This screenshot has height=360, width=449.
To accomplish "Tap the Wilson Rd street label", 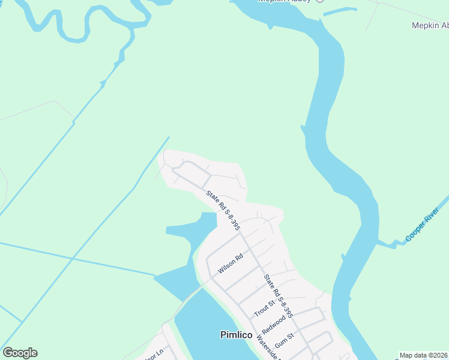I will pyautogui.click(x=230, y=264).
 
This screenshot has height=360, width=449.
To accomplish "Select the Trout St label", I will pyautogui.click(x=264, y=309).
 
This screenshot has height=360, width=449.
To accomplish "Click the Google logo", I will pyautogui.click(x=20, y=353).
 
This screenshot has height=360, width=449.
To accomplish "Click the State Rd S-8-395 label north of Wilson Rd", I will pyautogui.click(x=223, y=211).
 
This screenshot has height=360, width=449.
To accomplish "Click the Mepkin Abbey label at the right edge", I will pyautogui.click(x=430, y=25).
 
